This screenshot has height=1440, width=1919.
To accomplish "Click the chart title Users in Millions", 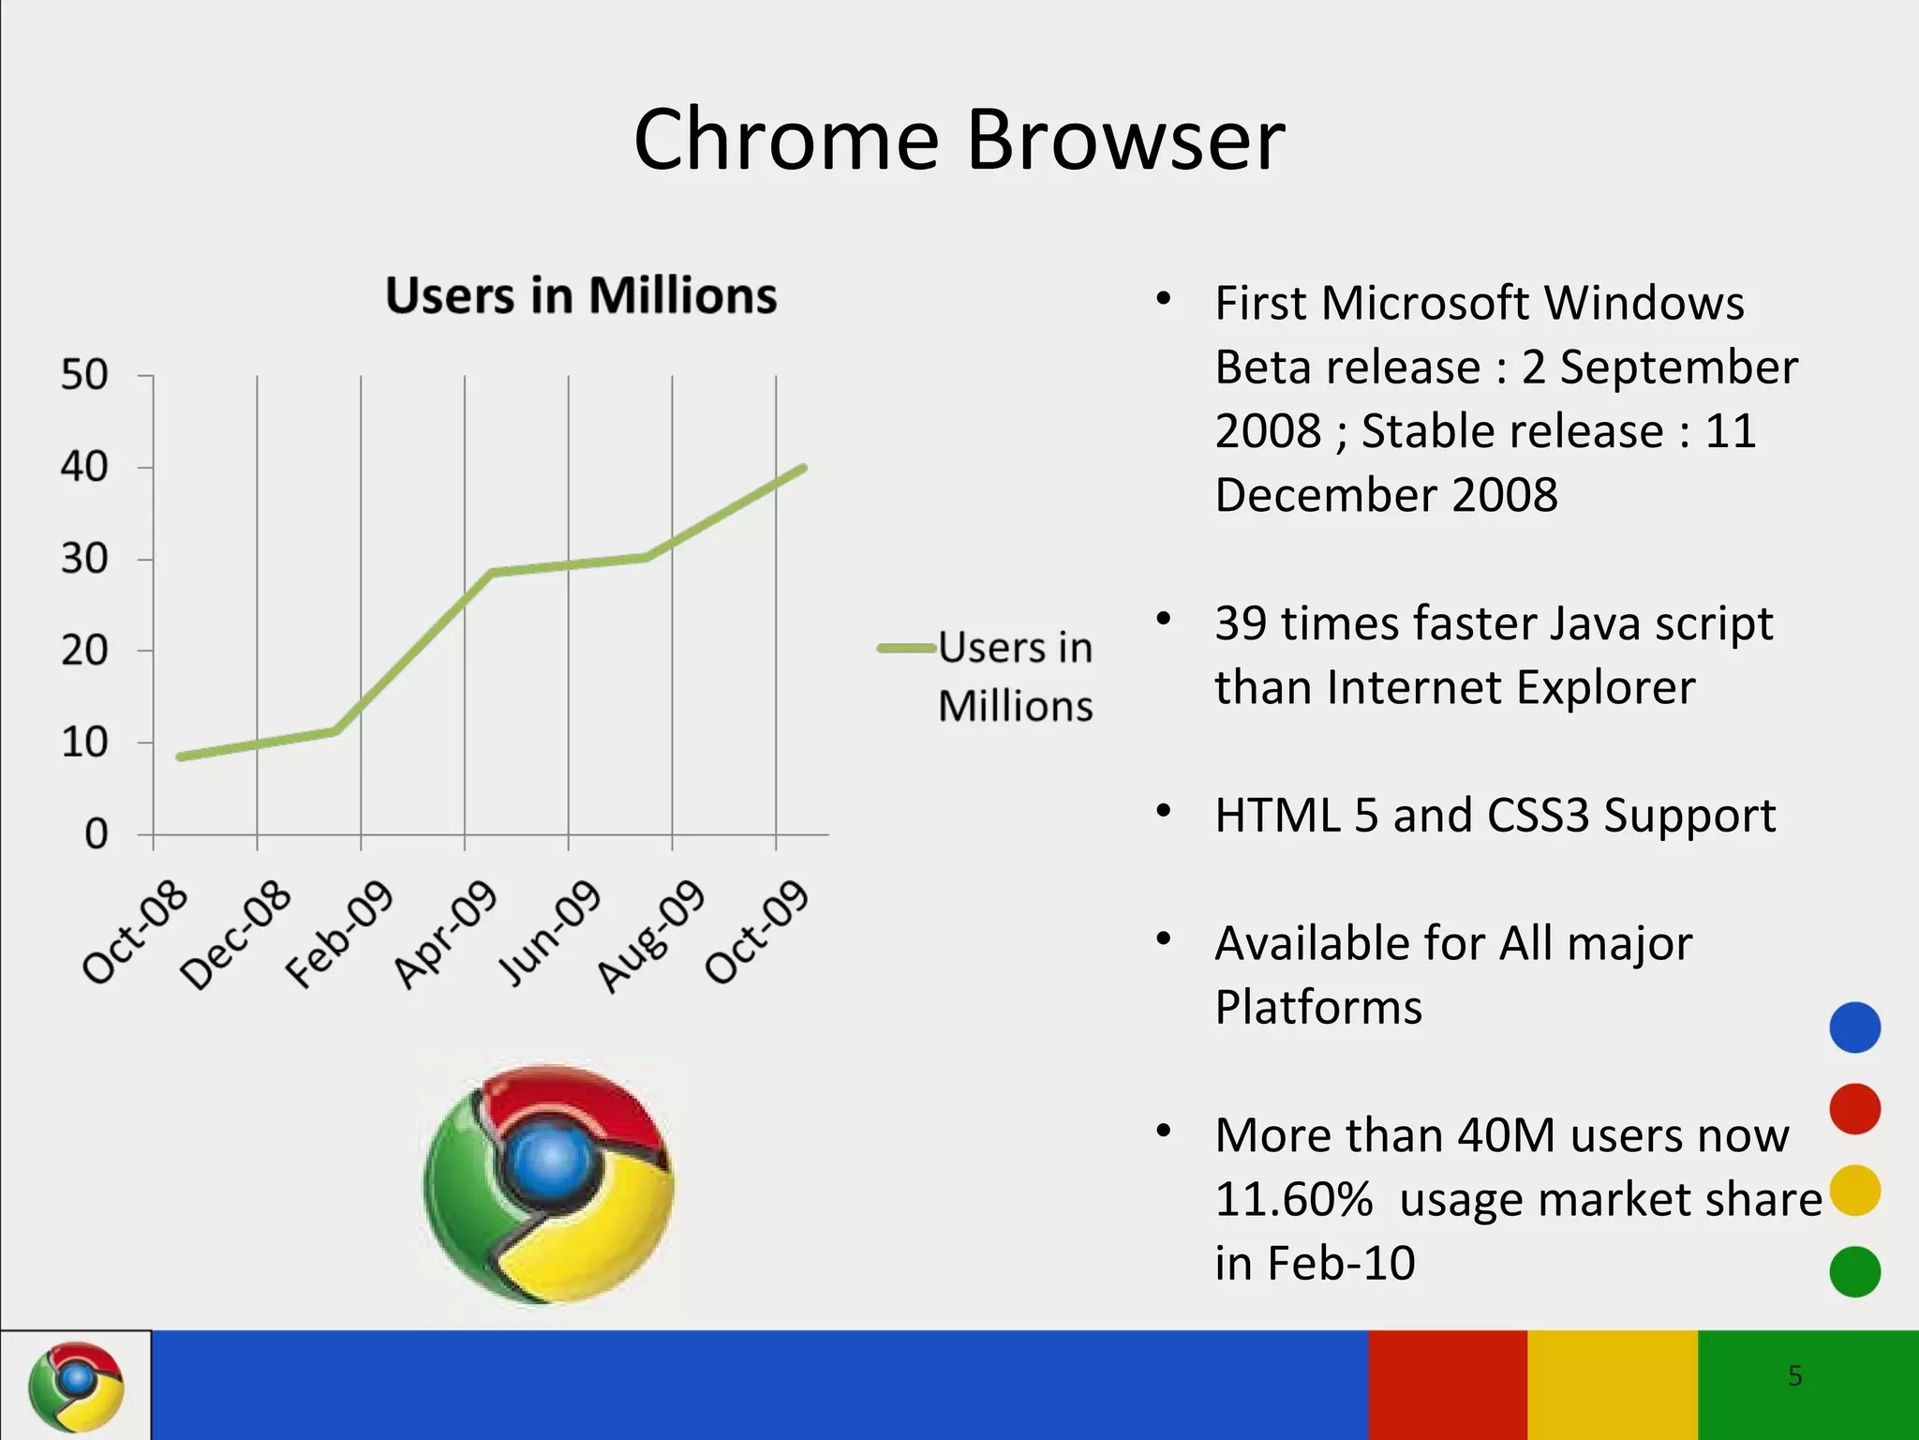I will click(581, 295).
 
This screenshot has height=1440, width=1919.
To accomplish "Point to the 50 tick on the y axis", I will click(84, 375).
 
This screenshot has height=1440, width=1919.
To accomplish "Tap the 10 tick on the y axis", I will click(84, 742).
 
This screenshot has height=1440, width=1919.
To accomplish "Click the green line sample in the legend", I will click(906, 648).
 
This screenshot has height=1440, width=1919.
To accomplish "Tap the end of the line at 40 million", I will click(803, 468).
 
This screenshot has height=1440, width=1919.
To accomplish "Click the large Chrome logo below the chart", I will click(548, 1184).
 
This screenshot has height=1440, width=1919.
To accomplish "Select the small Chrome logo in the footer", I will click(76, 1386).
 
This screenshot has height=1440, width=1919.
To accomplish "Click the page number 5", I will click(1794, 1375).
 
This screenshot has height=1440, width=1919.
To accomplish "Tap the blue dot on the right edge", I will click(1854, 1027).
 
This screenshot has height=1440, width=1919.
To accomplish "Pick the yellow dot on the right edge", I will click(1854, 1191).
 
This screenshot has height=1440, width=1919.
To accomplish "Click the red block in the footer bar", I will click(1448, 1385).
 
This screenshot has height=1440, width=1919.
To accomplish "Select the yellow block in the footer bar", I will click(1612, 1385).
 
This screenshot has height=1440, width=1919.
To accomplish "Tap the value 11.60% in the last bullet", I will click(1294, 1199).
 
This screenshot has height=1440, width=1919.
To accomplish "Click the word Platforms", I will click(1318, 1007).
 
